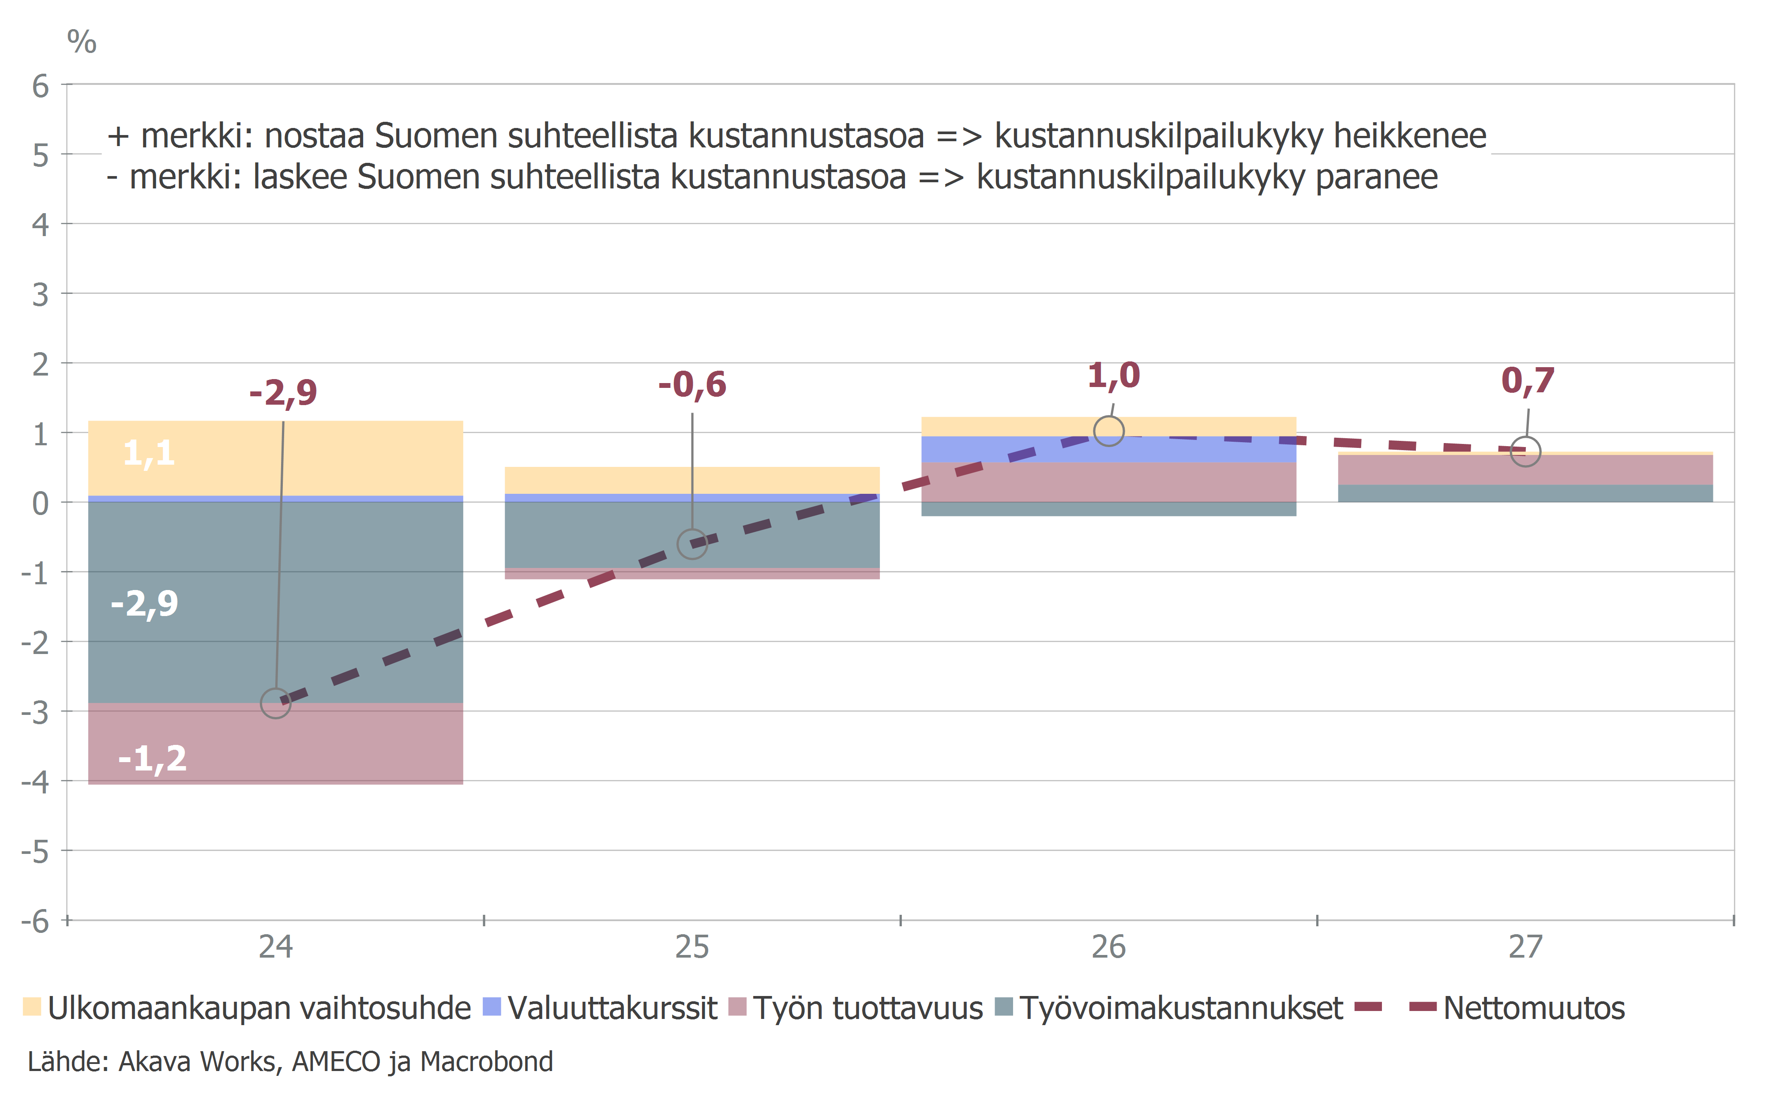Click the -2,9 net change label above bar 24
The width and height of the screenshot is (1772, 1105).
(284, 393)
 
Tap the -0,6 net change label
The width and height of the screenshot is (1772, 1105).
(692, 385)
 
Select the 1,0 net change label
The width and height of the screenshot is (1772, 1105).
(1114, 376)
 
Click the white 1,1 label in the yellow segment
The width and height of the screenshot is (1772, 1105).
(149, 453)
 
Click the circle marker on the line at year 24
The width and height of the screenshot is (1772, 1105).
(275, 703)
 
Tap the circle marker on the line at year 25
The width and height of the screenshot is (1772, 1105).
(692, 544)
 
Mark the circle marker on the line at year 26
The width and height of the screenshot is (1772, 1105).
(1108, 431)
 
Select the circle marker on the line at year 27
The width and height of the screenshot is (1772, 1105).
(1525, 451)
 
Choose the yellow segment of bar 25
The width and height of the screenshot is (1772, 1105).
(692, 480)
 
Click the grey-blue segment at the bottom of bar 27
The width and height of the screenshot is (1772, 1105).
(1525, 493)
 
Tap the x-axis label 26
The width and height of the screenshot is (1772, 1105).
(1108, 947)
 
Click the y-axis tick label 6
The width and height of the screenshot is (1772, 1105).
(40, 86)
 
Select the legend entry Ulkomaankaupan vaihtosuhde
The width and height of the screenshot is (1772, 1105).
(248, 1008)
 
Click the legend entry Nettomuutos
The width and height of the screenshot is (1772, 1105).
(1533, 1008)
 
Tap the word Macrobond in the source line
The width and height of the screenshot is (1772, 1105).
(487, 1062)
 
